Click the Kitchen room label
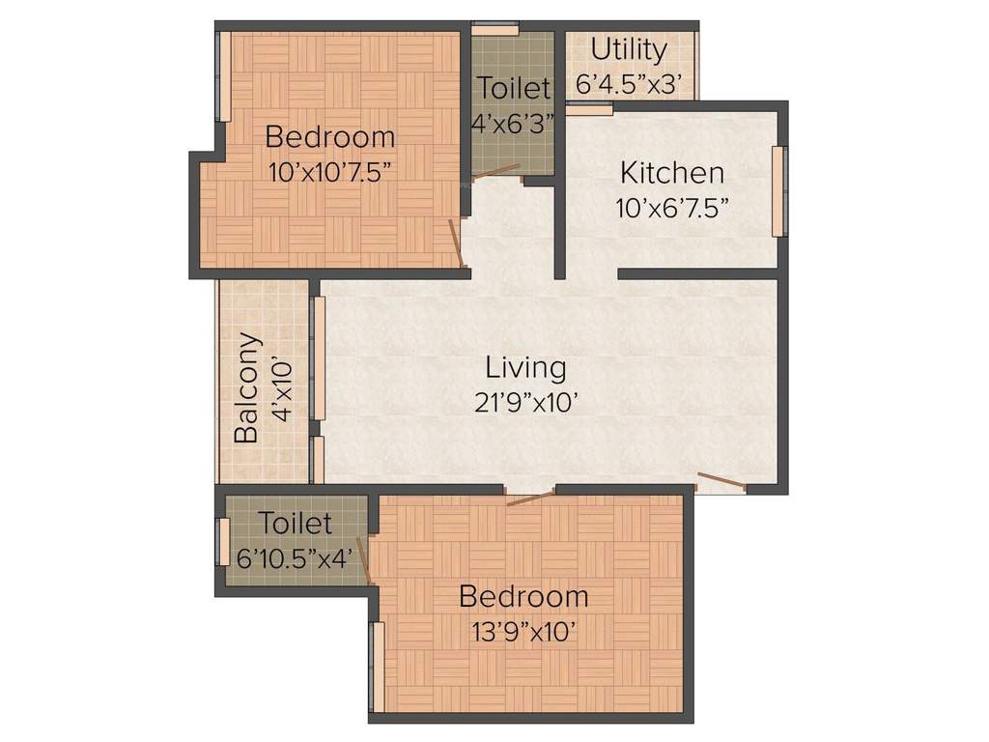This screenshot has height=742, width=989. click(671, 173)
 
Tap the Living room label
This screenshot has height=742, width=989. click(525, 367)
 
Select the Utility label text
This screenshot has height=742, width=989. click(629, 49)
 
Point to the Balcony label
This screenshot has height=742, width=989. click(248, 387)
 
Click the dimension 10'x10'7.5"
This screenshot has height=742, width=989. click(330, 171)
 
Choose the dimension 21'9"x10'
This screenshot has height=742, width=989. click(524, 402)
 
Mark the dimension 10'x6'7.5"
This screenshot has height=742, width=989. click(671, 207)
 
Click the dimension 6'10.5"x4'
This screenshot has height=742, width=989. click(295, 557)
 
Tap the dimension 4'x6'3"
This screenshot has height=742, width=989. click(513, 124)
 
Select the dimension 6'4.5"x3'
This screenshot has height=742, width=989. click(634, 84)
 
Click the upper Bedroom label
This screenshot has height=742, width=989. click(330, 136)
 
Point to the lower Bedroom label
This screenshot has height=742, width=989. click(523, 596)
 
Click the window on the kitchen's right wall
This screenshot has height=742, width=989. click(778, 190)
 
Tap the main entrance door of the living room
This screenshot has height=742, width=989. click(721, 481)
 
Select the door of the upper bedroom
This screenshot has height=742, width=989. click(455, 243)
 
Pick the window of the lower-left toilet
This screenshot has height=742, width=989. click(222, 542)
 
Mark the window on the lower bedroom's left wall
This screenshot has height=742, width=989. click(378, 667)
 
